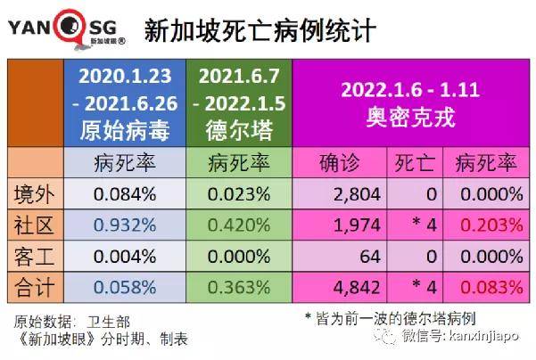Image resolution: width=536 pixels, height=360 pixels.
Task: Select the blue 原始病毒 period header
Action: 124,102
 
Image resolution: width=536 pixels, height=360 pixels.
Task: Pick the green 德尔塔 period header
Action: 237,102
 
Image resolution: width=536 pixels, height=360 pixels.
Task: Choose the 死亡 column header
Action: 416,162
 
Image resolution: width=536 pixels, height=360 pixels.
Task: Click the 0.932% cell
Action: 124,225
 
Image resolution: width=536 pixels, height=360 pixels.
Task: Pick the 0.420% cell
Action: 237,225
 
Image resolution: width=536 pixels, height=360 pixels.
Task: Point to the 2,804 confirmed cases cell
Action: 356,193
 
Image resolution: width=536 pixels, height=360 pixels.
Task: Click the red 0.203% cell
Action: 488,225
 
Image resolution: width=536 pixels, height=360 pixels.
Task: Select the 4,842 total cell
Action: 356,287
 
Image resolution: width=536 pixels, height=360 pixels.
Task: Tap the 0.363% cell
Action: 237,287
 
